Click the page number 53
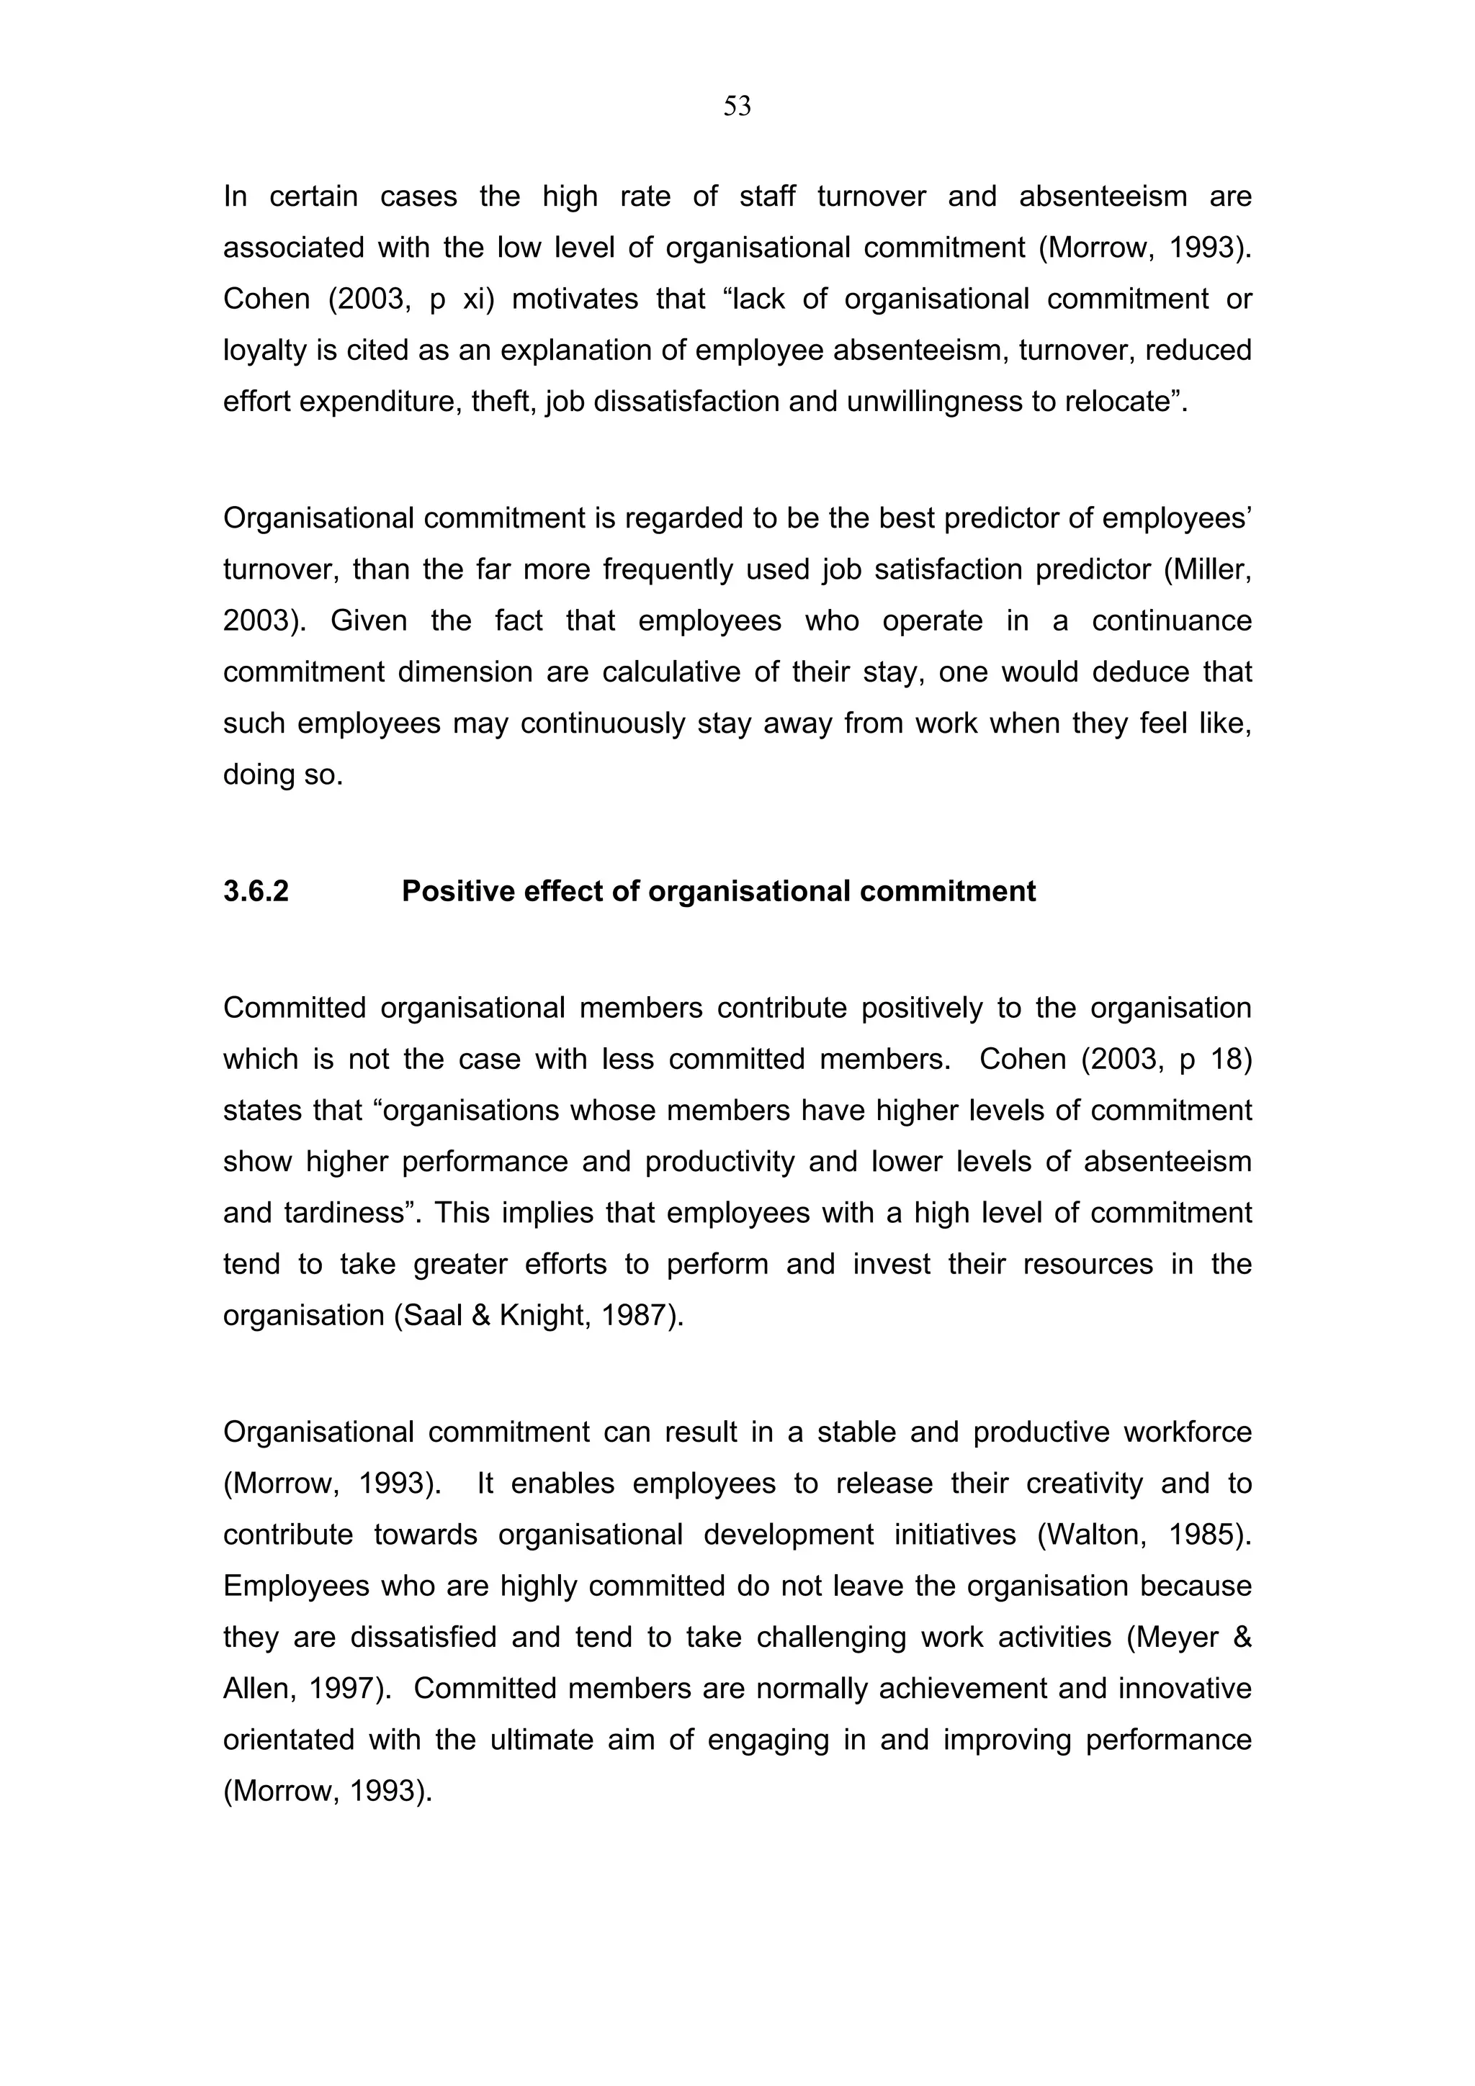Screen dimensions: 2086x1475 point(737,107)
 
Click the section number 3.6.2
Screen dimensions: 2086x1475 point(256,891)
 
